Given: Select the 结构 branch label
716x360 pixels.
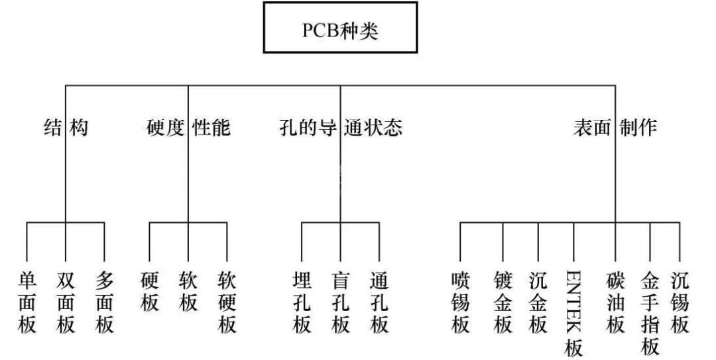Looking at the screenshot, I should (66, 127).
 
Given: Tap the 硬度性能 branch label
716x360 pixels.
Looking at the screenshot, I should (188, 127).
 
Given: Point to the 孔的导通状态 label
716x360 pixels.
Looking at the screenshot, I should (341, 127).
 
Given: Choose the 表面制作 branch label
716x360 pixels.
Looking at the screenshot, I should (615, 127).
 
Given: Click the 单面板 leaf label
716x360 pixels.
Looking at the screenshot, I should (27, 302).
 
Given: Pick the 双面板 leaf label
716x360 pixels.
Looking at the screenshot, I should (66, 302).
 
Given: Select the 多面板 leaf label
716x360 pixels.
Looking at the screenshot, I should (105, 302).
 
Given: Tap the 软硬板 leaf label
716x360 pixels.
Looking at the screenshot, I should (227, 302).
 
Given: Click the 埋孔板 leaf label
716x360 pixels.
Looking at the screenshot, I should (302, 302).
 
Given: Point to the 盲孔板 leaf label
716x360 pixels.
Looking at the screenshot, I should (341, 302).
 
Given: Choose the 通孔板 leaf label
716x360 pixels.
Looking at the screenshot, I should (380, 302).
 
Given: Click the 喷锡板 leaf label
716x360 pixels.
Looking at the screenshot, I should (460, 302).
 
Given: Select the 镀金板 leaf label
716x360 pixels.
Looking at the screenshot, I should (503, 302).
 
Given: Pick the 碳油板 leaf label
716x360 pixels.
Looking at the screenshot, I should (616, 302).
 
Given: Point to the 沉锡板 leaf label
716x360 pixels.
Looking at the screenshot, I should (680, 302).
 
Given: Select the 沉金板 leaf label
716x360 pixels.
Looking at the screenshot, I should (538, 302).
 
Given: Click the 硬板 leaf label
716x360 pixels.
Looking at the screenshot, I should (150, 291).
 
